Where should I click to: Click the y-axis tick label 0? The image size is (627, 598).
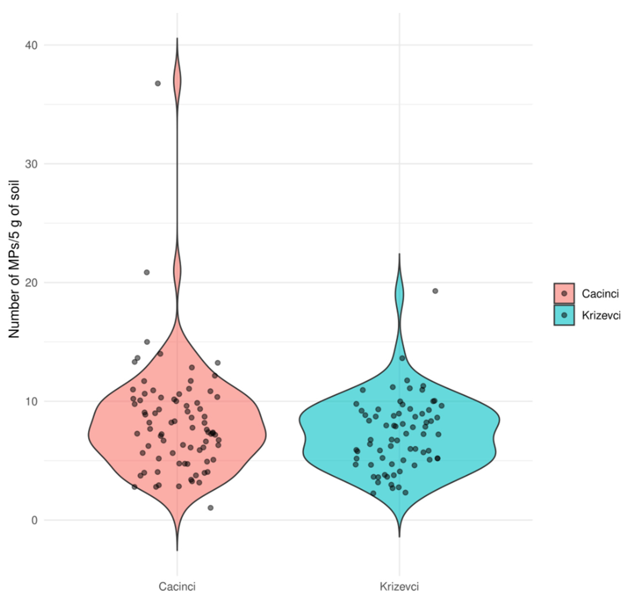pyautogui.click(x=34, y=520)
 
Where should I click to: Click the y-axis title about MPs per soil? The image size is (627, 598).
pyautogui.click(x=14, y=259)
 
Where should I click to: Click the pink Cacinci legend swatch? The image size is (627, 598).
pyautogui.click(x=564, y=293)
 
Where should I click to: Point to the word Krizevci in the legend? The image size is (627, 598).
pyautogui.click(x=601, y=316)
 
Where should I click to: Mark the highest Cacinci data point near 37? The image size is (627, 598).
pyautogui.click(x=157, y=84)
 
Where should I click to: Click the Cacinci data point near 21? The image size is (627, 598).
pyautogui.click(x=147, y=273)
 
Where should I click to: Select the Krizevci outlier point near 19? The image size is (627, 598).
pyautogui.click(x=435, y=291)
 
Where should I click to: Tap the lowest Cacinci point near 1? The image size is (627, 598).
pyautogui.click(x=210, y=508)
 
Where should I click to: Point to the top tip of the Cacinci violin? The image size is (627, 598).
pyautogui.click(x=177, y=38)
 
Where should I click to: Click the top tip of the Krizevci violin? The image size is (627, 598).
pyautogui.click(x=399, y=254)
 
